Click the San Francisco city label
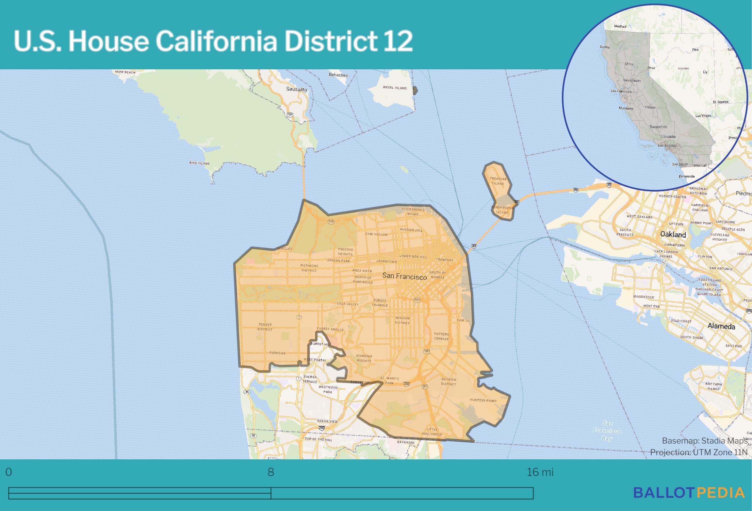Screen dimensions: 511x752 (x=404, y=276)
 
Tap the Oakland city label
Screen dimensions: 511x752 (x=673, y=234)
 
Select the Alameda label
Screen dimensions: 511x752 (x=721, y=326)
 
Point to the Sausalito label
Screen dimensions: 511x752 (x=296, y=89)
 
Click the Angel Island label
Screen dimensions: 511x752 (x=395, y=88)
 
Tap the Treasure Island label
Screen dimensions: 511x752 (x=498, y=181)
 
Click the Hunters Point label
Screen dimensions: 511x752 (x=483, y=400)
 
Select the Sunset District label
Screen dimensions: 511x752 (x=265, y=327)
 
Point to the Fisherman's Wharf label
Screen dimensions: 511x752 (x=413, y=211)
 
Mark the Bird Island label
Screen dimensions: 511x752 (x=199, y=163)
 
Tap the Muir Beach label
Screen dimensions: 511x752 (x=125, y=72)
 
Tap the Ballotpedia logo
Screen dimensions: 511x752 (x=689, y=492)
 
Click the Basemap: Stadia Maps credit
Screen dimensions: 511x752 (x=705, y=441)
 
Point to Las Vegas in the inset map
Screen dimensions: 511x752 (x=703, y=116)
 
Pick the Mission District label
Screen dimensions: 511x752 (x=402, y=320)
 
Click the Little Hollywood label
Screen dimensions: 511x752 (x=432, y=432)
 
